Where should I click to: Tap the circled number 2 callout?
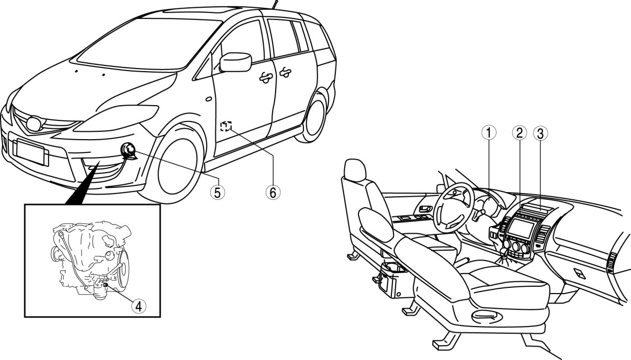(x=519, y=133)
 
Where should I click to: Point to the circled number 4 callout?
(x=138, y=306)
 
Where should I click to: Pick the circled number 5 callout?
(x=218, y=193)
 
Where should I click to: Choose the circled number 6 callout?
(x=272, y=193)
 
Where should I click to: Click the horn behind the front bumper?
(x=127, y=151)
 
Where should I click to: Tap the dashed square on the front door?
(x=226, y=126)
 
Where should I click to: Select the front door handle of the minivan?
(x=266, y=76)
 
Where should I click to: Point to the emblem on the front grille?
(x=33, y=124)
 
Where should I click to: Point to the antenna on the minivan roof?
(x=274, y=5)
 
